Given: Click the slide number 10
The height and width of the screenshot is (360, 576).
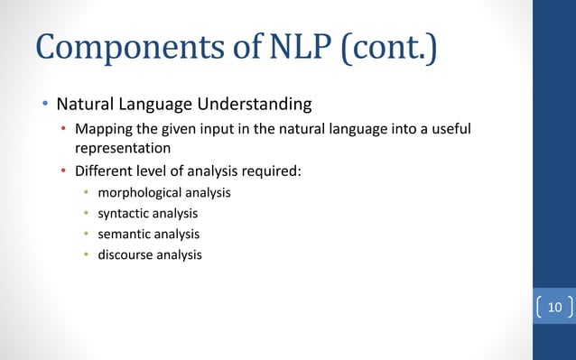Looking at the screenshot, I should tap(554, 309).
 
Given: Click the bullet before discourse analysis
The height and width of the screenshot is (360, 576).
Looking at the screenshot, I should tap(87, 255).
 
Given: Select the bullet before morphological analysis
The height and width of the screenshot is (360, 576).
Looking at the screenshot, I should tap(87, 194).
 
